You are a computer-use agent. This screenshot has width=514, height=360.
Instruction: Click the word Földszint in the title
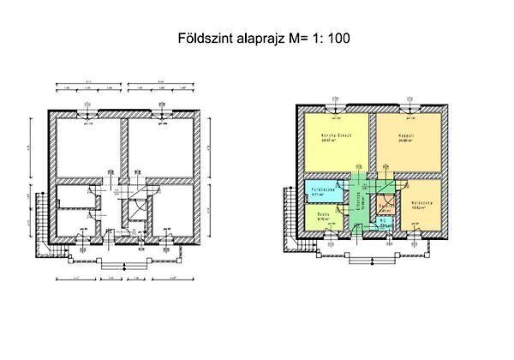point(204,38)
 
